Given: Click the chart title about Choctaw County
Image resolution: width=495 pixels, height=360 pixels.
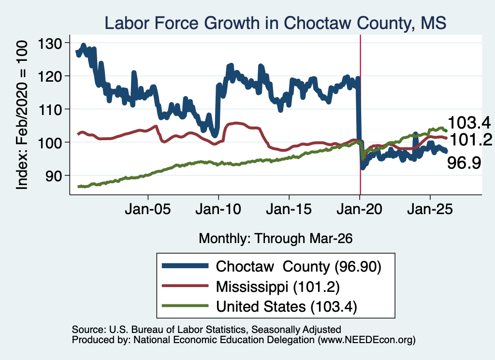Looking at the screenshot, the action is (x=275, y=23).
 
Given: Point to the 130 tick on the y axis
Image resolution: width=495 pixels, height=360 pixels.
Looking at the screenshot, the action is (x=50, y=43).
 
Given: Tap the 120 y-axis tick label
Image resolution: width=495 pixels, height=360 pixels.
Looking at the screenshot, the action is (x=50, y=76).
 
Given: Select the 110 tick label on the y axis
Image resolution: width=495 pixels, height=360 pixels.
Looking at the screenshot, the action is (x=50, y=109).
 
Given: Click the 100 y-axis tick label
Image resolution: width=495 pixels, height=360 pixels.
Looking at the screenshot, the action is (x=50, y=142).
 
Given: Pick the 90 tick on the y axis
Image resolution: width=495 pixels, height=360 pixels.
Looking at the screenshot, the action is (x=54, y=175).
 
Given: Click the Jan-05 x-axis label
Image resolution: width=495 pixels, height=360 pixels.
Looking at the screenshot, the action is (x=148, y=209).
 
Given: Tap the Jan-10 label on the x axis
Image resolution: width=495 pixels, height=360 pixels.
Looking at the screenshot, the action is (x=218, y=209).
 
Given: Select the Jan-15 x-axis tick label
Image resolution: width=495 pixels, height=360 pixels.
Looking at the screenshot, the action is (x=289, y=209).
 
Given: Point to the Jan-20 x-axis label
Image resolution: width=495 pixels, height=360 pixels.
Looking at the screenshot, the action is (x=359, y=209).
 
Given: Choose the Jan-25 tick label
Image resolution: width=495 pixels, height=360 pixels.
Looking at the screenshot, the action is (x=430, y=209).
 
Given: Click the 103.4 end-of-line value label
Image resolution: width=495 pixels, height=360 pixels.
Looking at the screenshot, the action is (x=469, y=123).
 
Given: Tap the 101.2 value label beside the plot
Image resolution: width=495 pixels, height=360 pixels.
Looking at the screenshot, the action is (x=471, y=140).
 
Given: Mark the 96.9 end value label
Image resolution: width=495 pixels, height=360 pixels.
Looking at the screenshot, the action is (x=464, y=163).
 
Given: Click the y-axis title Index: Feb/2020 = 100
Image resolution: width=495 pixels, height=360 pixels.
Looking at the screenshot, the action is (x=22, y=115).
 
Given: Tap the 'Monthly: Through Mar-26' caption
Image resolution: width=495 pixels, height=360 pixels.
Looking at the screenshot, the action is (x=276, y=239).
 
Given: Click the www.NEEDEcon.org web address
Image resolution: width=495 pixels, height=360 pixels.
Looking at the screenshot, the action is (x=366, y=340).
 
